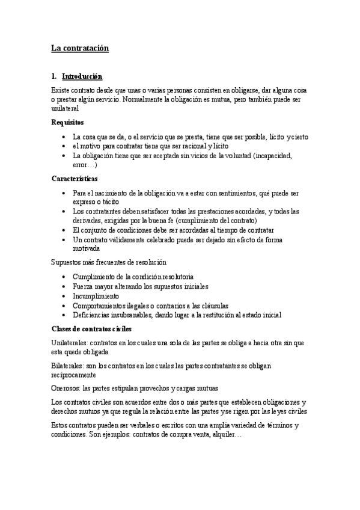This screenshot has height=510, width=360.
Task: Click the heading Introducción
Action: tap(82, 77)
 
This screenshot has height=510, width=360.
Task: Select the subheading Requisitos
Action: tap(67, 122)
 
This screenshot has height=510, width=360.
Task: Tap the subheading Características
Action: tap(75, 179)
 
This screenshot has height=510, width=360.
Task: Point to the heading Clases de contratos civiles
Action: tap(92, 329)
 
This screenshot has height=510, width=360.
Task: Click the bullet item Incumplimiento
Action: tap(95, 296)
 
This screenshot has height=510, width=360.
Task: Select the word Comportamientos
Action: tap(99, 306)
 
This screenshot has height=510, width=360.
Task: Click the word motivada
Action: tap(86, 248)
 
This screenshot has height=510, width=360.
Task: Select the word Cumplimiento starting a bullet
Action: tap(92, 277)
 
